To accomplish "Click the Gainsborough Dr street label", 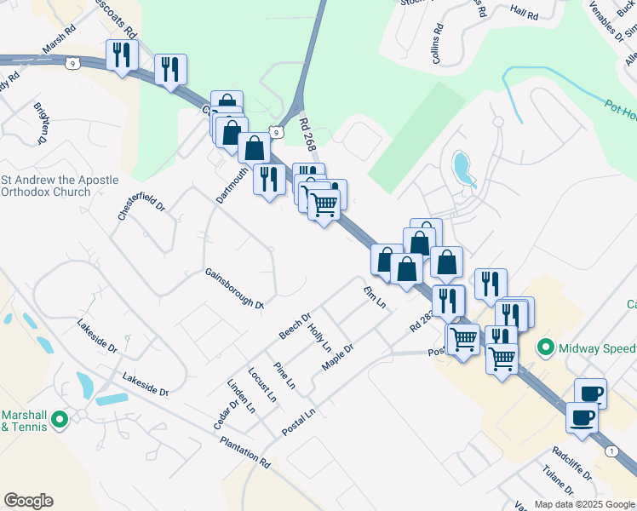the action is coord(234,288).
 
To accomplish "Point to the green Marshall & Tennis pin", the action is coord(60,420).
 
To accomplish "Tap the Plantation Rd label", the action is coord(244,451).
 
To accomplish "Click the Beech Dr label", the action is coord(296,324).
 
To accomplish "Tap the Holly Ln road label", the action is coord(319,338).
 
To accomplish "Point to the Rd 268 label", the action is coord(308,135).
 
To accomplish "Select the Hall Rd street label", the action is coord(525,15).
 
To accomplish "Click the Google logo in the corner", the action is coord(28,501).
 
